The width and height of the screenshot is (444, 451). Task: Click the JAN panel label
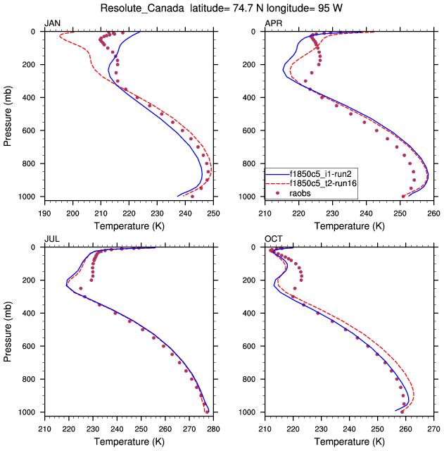click(x=53, y=24)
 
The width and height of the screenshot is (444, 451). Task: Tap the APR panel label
click(x=273, y=24)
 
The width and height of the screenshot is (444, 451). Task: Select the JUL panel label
click(x=52, y=240)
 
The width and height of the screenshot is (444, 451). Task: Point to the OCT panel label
click(x=273, y=240)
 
